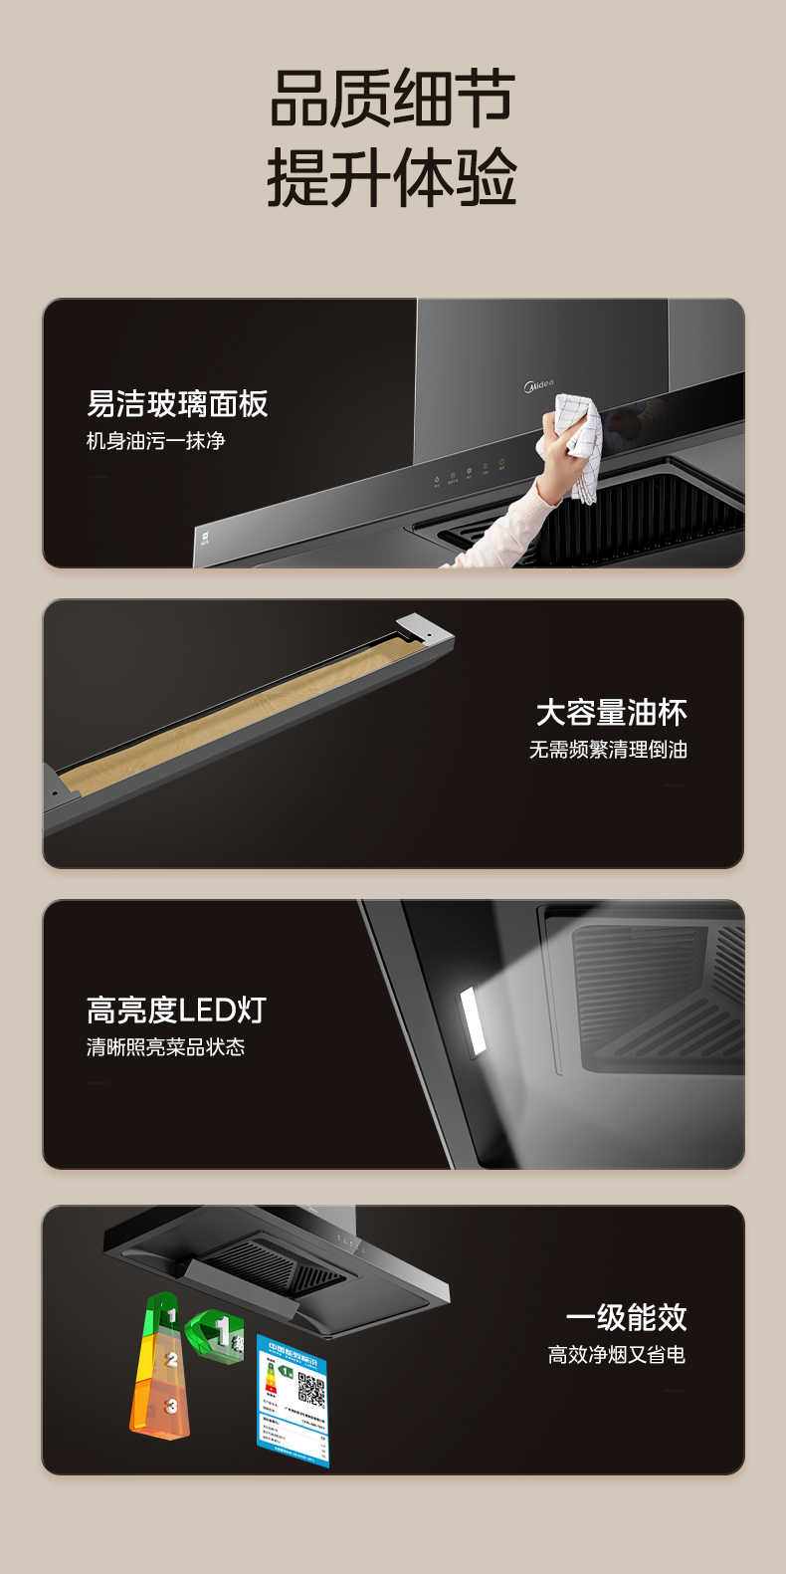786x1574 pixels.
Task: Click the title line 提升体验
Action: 392,178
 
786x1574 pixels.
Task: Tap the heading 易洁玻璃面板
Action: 177,403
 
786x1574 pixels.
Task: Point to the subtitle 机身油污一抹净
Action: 156,440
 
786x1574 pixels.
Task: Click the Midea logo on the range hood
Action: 538,384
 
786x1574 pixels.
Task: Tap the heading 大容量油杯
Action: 611,712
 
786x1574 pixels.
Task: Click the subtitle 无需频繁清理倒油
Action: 608,750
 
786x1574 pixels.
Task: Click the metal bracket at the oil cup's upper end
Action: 424,626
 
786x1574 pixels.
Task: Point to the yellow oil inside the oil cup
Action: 249,712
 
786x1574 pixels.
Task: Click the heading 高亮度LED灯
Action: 176,1010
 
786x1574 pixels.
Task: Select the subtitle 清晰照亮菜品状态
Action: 165,1046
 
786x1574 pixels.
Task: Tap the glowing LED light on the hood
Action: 473,1019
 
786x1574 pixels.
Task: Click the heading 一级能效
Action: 626,1317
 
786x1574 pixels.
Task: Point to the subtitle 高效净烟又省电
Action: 616,1354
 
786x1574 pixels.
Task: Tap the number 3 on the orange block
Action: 171,1406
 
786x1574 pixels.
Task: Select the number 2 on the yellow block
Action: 171,1359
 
